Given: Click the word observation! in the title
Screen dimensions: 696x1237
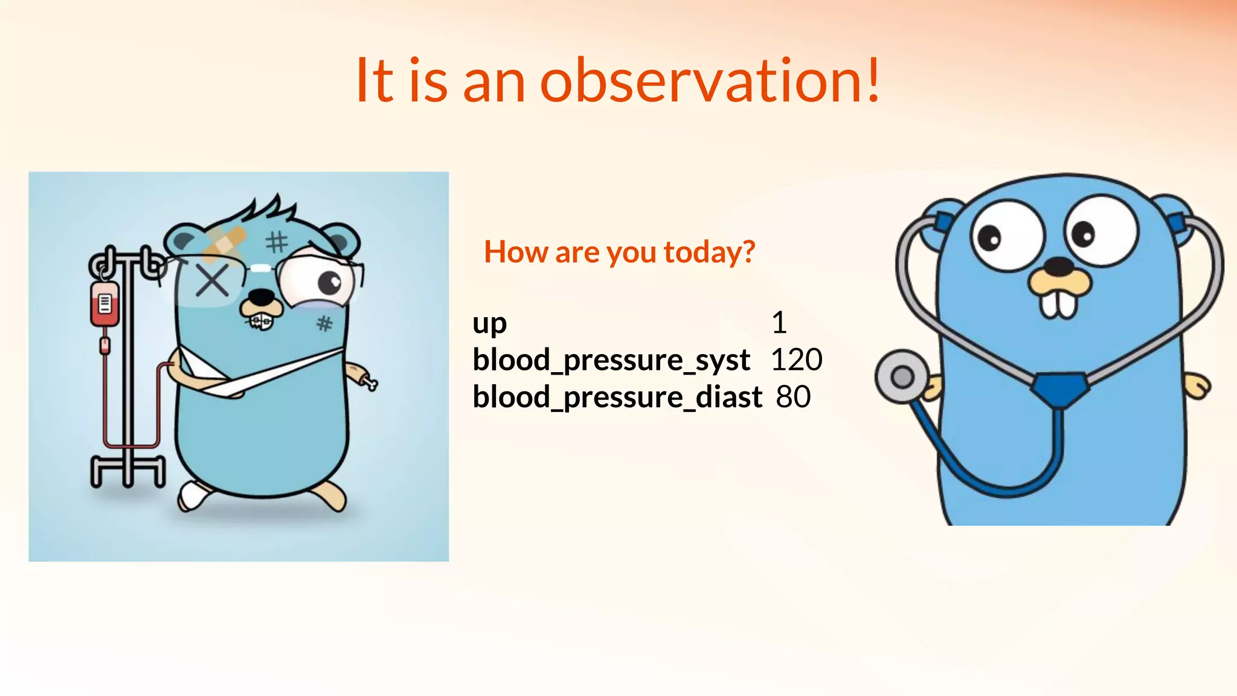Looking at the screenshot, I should pos(710,80).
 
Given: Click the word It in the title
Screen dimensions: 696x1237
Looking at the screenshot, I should pos(374,80).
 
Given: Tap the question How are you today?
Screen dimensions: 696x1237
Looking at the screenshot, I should pos(619,251).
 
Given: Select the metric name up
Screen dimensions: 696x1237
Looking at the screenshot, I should pos(489,323).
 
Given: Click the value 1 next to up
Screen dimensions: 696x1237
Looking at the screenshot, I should pos(779,322).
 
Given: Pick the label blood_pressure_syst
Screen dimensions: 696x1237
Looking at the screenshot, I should pos(611,360).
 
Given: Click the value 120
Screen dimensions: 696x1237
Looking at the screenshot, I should pos(796,359).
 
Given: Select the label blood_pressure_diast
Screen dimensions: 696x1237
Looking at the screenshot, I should pos(617,397).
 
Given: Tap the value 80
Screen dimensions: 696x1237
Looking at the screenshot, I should pos(793,397).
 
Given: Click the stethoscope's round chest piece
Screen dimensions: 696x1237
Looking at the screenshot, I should pos(902,377).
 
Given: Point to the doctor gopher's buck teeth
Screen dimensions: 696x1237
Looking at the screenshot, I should pos(1058,304).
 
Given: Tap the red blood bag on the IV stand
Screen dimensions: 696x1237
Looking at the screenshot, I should pos(104,303).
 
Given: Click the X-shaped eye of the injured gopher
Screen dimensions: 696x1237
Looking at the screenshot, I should pos(212,281).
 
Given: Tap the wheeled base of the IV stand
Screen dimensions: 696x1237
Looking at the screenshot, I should pos(127,471).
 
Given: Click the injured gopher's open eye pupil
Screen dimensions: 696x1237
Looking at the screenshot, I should pos(330,282).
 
